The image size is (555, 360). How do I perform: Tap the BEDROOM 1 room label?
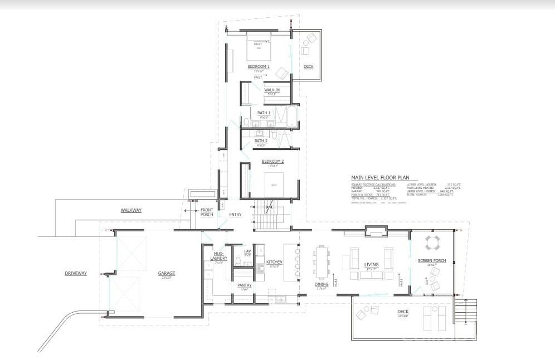coord(259,67)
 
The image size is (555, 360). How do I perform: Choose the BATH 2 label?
coord(261,141)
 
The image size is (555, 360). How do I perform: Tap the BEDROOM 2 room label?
coord(273,162)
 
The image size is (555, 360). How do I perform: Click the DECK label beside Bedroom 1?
coord(308,67)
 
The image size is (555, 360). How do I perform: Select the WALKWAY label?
coord(131,210)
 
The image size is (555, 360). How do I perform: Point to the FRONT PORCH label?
coord(207,212)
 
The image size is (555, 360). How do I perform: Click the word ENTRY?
coord(235,215)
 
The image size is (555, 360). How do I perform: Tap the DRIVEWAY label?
coord(76,273)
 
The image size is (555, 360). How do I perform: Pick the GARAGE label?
coord(166,273)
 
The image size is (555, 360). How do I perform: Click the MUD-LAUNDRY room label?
coord(218,256)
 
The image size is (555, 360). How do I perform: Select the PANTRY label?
coord(245,285)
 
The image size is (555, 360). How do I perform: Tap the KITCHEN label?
coord(274,262)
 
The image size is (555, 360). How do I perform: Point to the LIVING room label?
coord(371,265)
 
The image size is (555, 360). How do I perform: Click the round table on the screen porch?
coord(433,243)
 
